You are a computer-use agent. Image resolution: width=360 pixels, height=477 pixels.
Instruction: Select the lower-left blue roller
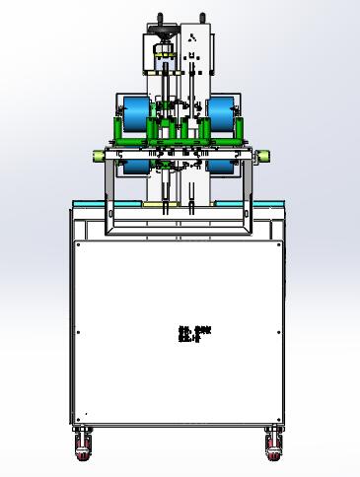coord(134,168)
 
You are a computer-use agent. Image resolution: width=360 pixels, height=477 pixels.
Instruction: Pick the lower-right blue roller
coord(224,168)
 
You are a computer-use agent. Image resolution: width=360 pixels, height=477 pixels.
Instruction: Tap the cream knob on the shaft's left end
coord(98,155)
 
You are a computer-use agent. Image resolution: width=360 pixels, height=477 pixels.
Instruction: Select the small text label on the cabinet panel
coord(194,334)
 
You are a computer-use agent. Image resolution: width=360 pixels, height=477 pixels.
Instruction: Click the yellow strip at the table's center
coord(180,204)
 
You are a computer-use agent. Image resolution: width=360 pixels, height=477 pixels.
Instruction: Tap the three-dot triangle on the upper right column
coord(196,37)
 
